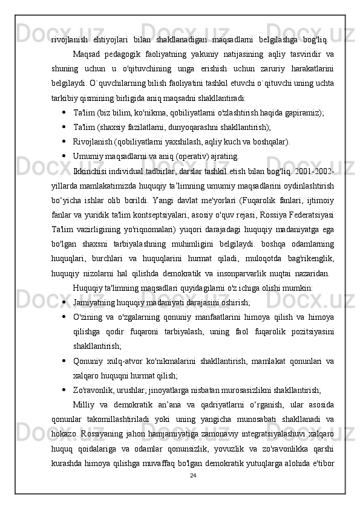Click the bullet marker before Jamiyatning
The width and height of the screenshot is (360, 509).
(x=64, y=300)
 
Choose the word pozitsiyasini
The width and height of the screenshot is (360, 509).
(x=312, y=330)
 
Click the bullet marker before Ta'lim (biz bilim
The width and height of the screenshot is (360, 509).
(x=64, y=112)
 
